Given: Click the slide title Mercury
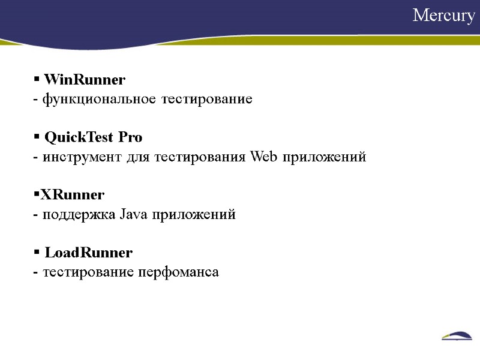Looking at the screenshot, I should [443, 16].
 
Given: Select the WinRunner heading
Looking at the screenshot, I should [85, 80].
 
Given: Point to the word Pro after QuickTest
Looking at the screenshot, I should [130, 137].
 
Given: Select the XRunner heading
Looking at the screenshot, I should [72, 195].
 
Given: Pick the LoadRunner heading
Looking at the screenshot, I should [88, 253].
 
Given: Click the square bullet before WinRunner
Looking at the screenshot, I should [36, 79].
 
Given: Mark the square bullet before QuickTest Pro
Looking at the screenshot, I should [36, 137].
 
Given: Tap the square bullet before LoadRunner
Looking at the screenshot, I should [36, 252].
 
